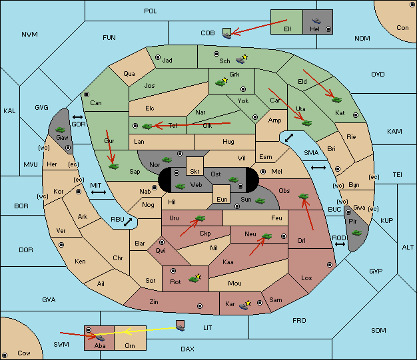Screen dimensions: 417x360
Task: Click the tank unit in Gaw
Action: point(61,130)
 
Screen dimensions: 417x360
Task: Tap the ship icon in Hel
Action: point(316,21)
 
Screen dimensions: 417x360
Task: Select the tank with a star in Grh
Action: point(221,82)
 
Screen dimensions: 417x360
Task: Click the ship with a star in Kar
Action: point(245,305)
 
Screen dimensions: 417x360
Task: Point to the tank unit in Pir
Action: point(356,233)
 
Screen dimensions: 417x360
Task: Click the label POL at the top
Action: point(151,11)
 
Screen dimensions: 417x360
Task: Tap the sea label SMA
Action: point(311,153)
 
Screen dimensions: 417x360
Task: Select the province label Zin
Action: point(154,302)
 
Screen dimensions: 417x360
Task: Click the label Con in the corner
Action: point(402,28)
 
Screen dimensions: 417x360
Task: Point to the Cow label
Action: point(24,353)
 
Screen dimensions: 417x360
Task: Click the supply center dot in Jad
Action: point(158,57)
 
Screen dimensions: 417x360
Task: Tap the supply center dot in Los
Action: point(330,265)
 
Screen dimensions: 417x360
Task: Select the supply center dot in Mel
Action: point(263,172)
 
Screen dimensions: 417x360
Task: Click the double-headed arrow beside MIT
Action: point(99,192)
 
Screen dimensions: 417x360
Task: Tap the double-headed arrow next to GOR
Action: point(77,117)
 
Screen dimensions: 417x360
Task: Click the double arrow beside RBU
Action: point(128,222)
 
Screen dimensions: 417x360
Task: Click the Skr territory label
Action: point(195,172)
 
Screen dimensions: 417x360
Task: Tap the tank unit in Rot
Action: point(195,279)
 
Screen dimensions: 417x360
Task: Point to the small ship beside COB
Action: point(227,34)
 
